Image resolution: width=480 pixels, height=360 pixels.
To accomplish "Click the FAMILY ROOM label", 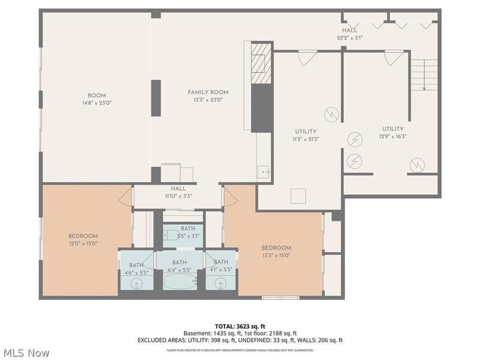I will pyautogui.click(x=208, y=92).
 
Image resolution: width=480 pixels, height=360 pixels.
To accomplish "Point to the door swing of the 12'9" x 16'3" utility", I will pyautogui.click(x=394, y=58).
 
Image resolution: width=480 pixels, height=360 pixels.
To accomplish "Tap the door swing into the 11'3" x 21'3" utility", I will pyautogui.click(x=307, y=58).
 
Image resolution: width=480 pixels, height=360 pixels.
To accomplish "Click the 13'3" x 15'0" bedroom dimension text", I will pyautogui.click(x=276, y=255).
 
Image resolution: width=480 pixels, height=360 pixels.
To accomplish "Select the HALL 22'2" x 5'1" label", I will pyautogui.click(x=349, y=34).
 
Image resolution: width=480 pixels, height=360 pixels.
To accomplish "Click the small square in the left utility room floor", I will pyautogui.click(x=298, y=196).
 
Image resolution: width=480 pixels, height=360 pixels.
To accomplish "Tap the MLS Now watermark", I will pyautogui.click(x=28, y=353).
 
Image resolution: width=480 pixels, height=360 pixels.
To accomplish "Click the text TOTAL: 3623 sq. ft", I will pyautogui.click(x=239, y=326).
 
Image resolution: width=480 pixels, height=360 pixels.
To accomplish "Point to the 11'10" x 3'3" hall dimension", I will pyautogui.click(x=178, y=196).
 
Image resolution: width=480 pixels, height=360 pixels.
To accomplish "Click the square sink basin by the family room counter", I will pyautogui.click(x=265, y=173).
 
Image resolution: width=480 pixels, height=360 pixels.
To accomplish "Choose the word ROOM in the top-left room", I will pyautogui.click(x=97, y=95).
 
